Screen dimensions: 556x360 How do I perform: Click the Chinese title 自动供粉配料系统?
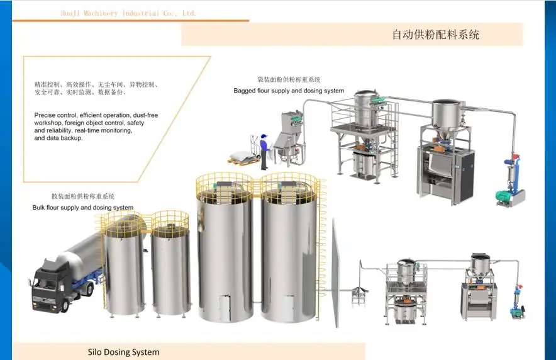coord(435,35)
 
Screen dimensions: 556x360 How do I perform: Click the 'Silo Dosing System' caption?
coord(123,352)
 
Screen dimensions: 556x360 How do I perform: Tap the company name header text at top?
coord(128,13)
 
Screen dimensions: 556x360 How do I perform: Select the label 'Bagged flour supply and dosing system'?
coord(289,91)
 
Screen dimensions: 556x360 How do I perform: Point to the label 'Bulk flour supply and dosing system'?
coord(83,208)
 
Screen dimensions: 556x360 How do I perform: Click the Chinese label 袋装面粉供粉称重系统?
coord(289,80)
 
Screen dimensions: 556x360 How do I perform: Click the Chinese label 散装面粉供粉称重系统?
coord(83,197)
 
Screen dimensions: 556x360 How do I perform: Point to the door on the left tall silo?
coord(226,308)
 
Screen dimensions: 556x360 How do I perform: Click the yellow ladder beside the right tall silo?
coord(323,252)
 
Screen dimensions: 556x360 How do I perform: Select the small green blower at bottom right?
coord(518,309)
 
